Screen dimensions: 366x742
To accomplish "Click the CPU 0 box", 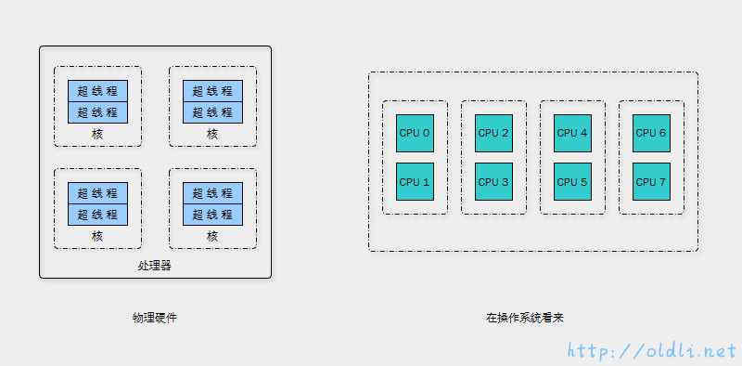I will click(x=415, y=133).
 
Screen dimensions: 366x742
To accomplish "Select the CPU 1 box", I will click(x=415, y=182).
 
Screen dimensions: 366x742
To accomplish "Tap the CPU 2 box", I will click(x=493, y=133).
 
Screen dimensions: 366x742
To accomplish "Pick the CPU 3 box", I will click(x=493, y=182).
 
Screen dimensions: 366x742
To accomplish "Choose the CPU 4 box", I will click(x=572, y=133).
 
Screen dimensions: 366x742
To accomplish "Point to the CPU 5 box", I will click(x=572, y=182).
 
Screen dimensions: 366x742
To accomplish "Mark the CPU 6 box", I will click(x=651, y=133).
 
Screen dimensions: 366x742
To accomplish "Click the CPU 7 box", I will click(x=651, y=182).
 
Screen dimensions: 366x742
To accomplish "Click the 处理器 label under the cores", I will click(x=155, y=266).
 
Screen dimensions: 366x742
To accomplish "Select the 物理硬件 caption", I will click(x=155, y=318).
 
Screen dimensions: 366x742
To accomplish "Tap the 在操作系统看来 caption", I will click(x=525, y=318).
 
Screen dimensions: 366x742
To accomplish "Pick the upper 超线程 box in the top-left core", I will click(x=97, y=91).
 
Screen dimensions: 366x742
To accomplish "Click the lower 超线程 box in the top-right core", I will click(x=212, y=112).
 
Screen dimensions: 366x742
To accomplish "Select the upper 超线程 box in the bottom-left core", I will click(x=97, y=193).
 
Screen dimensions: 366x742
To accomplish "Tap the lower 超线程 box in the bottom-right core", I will click(x=212, y=215).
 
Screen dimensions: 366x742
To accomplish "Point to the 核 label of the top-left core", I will click(x=97, y=134).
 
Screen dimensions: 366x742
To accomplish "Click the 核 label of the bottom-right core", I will click(x=212, y=236).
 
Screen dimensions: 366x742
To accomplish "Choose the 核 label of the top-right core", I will click(x=212, y=134).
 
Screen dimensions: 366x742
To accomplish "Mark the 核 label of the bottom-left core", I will click(x=97, y=236).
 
